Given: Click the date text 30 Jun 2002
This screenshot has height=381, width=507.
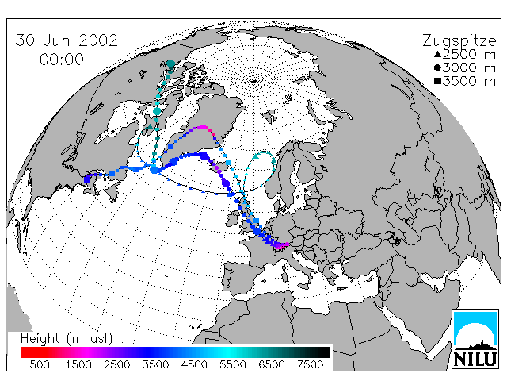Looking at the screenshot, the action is coord(67,40).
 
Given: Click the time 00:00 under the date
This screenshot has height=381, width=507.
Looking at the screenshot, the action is coord(62,60).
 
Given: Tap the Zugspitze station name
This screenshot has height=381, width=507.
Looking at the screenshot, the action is coord(459,41).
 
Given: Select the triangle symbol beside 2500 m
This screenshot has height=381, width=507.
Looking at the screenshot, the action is coord(437,54).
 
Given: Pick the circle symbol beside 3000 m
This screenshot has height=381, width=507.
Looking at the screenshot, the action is coord(437,67).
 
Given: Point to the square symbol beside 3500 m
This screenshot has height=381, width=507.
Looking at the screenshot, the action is coord(437,81).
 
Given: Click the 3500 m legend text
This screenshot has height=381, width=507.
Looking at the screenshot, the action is coord(469,81).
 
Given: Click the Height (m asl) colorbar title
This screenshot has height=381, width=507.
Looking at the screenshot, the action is coord(67,339).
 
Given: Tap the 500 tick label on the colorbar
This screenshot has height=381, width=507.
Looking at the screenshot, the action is coord(40,364).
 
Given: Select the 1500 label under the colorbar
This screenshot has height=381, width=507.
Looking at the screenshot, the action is coord(78,364).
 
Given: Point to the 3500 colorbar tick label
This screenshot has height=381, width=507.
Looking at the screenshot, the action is coord(155,364).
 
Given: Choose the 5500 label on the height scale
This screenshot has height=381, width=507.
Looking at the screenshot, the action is coord(233,364).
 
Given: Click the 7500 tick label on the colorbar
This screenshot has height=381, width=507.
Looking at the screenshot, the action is coord(310,364).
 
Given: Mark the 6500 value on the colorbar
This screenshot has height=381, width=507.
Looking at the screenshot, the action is coord(272,364).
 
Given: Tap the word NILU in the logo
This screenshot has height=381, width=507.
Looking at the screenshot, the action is coord(475,359).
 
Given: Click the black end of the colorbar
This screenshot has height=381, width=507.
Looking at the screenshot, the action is coord(325,352).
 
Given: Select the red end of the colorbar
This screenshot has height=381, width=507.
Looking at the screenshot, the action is coord(26,352).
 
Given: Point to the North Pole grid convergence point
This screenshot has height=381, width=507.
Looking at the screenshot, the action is coord(253,81).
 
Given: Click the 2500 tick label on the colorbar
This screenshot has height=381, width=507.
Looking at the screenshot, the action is coord(117,364).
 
